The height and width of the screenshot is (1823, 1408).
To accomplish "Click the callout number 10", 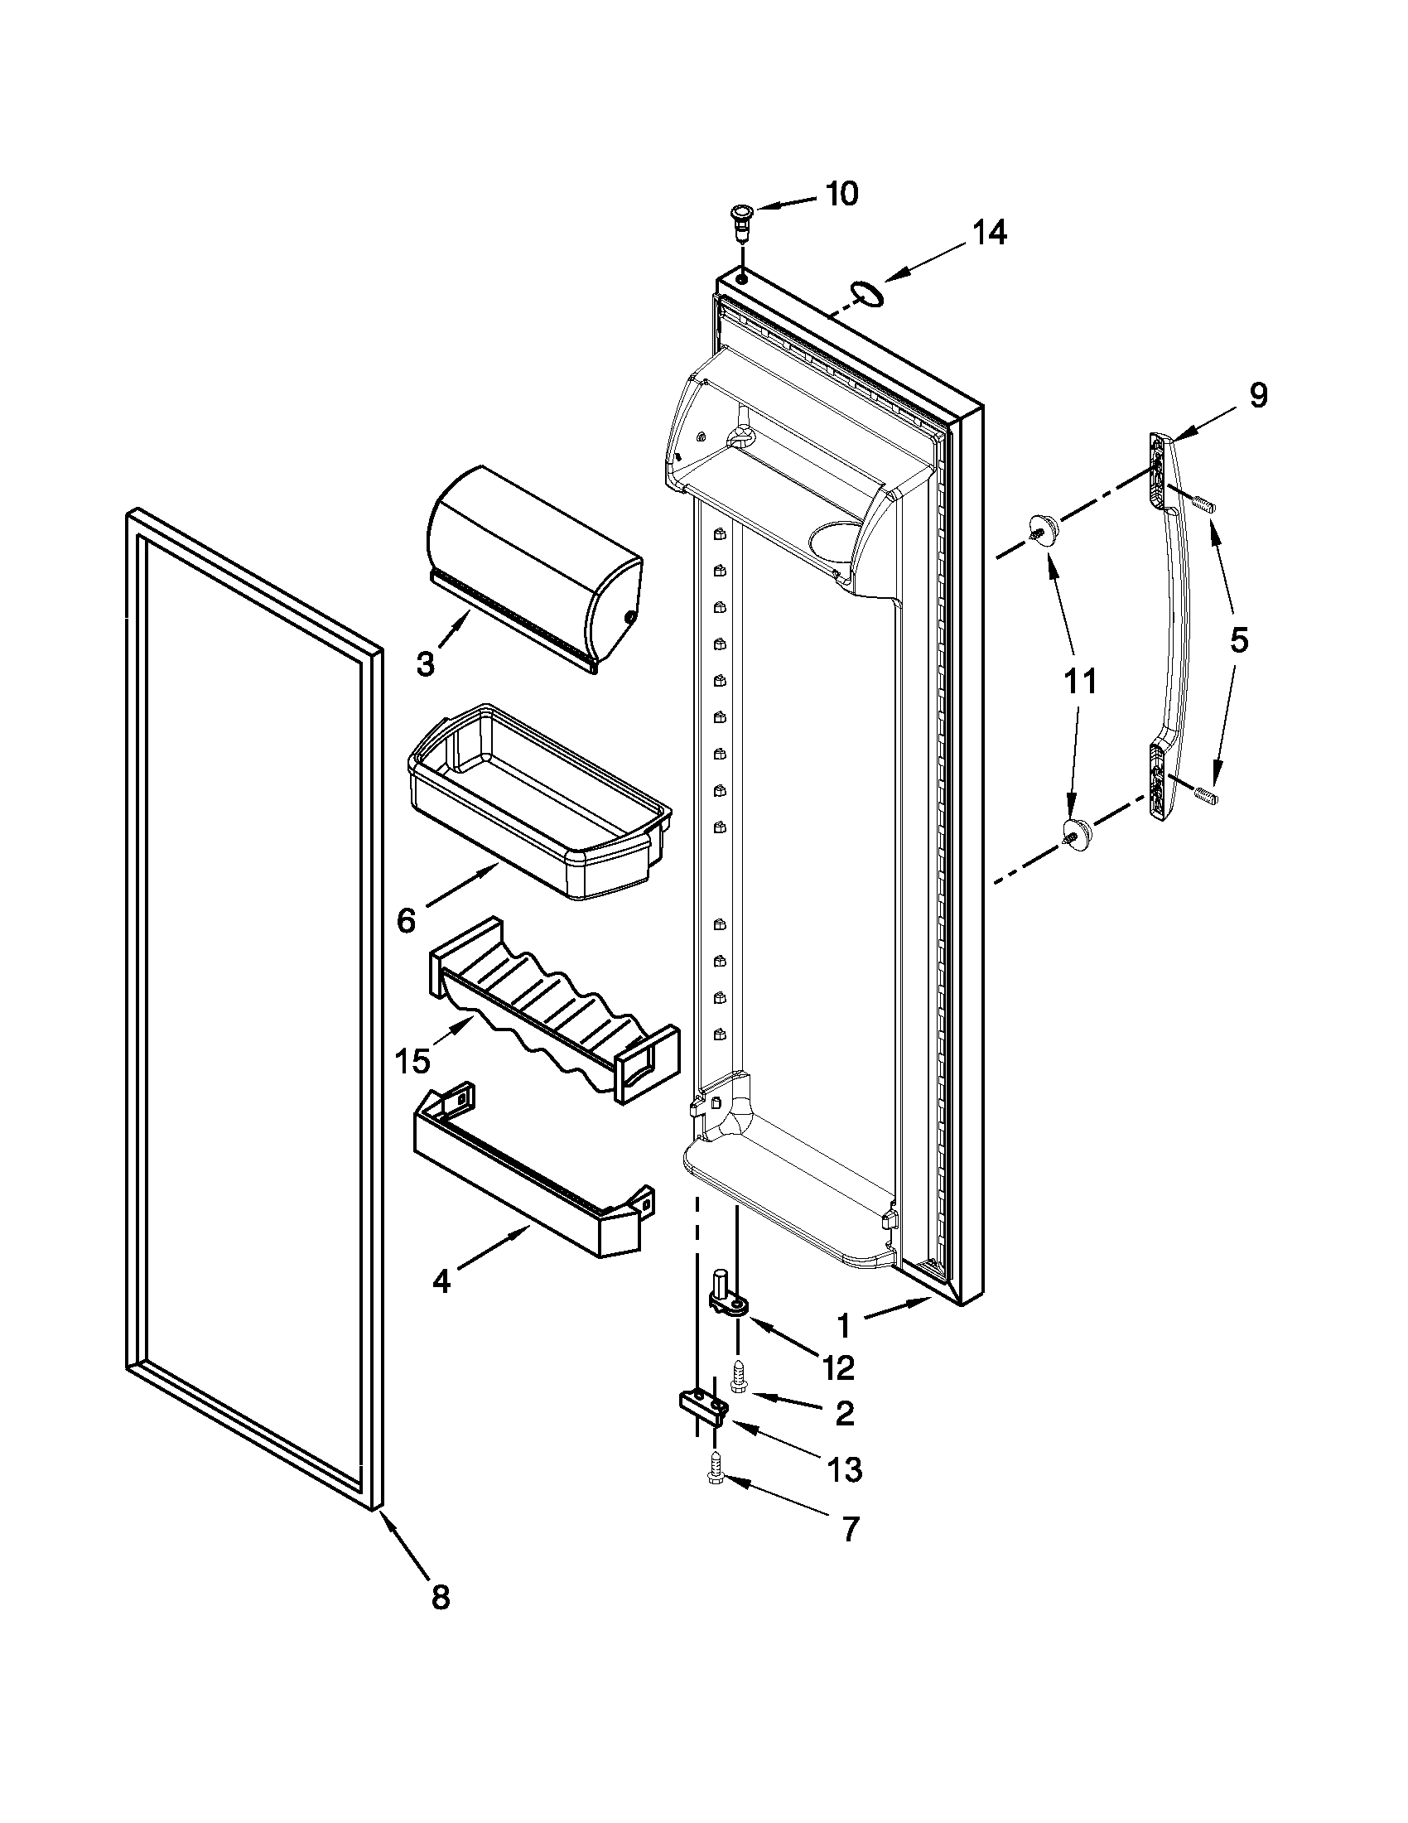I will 841,194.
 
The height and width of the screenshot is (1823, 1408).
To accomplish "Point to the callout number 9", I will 1258,394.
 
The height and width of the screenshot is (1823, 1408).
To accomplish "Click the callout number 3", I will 425,665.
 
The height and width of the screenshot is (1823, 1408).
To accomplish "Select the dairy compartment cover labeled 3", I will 534,567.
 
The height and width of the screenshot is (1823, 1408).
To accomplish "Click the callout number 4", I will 441,1280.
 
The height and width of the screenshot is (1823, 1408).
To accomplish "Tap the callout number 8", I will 440,1597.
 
